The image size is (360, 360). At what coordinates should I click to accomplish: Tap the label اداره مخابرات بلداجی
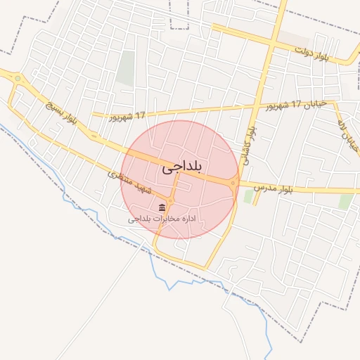coord(160,219)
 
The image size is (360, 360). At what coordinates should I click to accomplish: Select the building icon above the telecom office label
coord(162,208)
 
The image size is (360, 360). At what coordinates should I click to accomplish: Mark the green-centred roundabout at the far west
coord(17,78)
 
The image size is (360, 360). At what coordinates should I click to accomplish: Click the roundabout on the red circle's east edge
coord(233,183)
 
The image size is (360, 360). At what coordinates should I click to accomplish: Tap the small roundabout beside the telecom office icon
coord(171,201)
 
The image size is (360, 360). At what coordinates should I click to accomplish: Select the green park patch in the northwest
coord(126,68)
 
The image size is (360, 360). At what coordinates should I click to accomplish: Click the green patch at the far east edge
coord(345,202)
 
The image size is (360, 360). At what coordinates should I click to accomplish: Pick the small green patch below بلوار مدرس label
coord(247,197)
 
